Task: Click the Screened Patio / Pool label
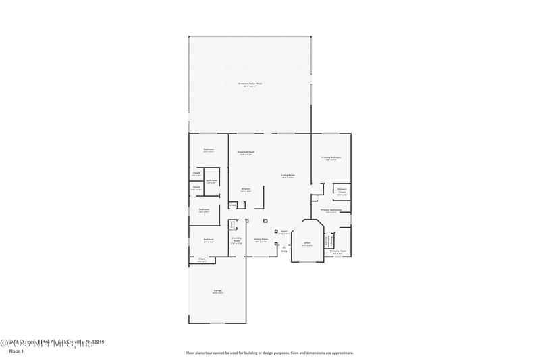click(x=249, y=84)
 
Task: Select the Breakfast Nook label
click(x=246, y=153)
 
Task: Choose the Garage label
click(x=217, y=291)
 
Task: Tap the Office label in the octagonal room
click(x=307, y=243)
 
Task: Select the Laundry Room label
click(x=237, y=239)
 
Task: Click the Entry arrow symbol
click(x=284, y=246)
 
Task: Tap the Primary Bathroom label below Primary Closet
click(x=331, y=211)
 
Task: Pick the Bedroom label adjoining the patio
click(x=208, y=150)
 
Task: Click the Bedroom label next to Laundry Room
click(x=209, y=240)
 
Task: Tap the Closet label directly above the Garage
click(x=202, y=259)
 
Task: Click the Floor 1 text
click(x=16, y=351)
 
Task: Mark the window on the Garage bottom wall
click(x=217, y=323)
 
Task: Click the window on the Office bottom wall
click(x=307, y=262)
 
